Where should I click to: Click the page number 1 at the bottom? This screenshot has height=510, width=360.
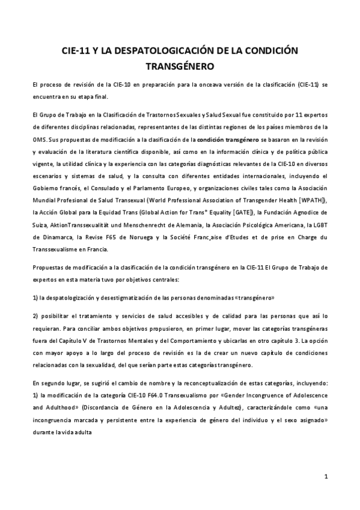coord(325,477)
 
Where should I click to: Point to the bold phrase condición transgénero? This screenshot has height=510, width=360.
coord(223,139)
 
